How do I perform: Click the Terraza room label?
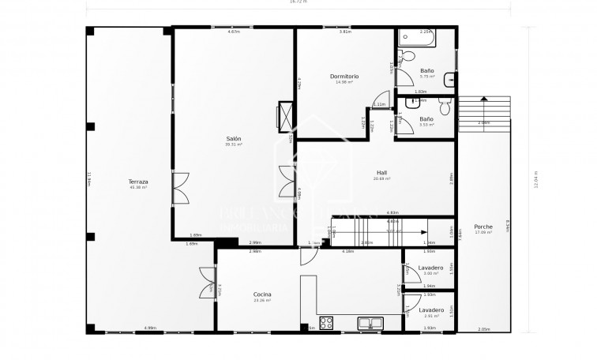click(139, 182)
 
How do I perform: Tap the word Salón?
click(234, 138)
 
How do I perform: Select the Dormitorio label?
click(344, 76)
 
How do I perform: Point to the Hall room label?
click(381, 172)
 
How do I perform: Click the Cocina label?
click(262, 294)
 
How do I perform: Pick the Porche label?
click(483, 227)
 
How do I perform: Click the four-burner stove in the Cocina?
click(326, 322)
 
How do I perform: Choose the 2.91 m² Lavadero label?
click(430, 310)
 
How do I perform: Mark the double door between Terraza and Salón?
click(180, 189)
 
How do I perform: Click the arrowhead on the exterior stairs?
click(482, 99)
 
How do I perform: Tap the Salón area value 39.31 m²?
click(234, 144)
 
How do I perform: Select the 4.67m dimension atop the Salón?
click(234, 32)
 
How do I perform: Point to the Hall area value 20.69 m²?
click(381, 178)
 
